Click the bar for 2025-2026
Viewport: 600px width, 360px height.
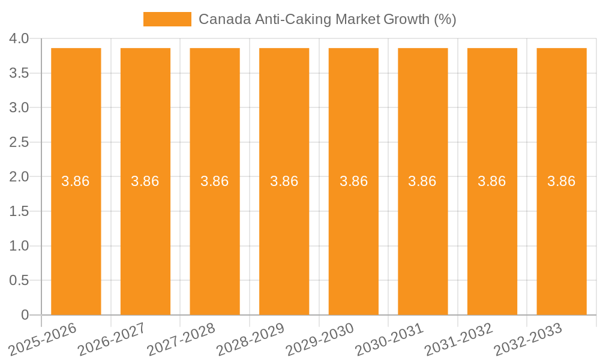tap(76, 240)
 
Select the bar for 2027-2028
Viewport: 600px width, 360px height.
tap(215, 240)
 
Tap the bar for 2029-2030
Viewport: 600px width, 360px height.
tap(353, 240)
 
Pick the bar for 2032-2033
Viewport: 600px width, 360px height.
tap(562, 240)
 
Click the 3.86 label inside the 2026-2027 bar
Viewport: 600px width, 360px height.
tap(145, 181)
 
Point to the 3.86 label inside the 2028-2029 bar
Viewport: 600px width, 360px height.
tap(284, 181)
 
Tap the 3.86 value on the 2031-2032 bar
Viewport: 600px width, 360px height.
tap(492, 181)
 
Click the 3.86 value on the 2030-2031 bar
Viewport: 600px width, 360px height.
tap(422, 181)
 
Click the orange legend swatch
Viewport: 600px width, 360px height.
tap(167, 19)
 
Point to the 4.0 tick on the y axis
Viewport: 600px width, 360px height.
tap(19, 39)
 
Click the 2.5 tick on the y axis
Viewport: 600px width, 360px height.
tap(19, 142)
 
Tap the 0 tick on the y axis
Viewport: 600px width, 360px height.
tap(25, 315)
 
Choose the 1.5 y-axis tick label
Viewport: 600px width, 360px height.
tap(19, 211)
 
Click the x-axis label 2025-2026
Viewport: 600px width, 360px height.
tap(43, 338)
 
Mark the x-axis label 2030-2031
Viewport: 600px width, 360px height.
tap(389, 338)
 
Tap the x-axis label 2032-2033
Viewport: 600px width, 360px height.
tap(527, 338)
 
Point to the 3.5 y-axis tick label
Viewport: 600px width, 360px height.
tap(19, 73)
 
